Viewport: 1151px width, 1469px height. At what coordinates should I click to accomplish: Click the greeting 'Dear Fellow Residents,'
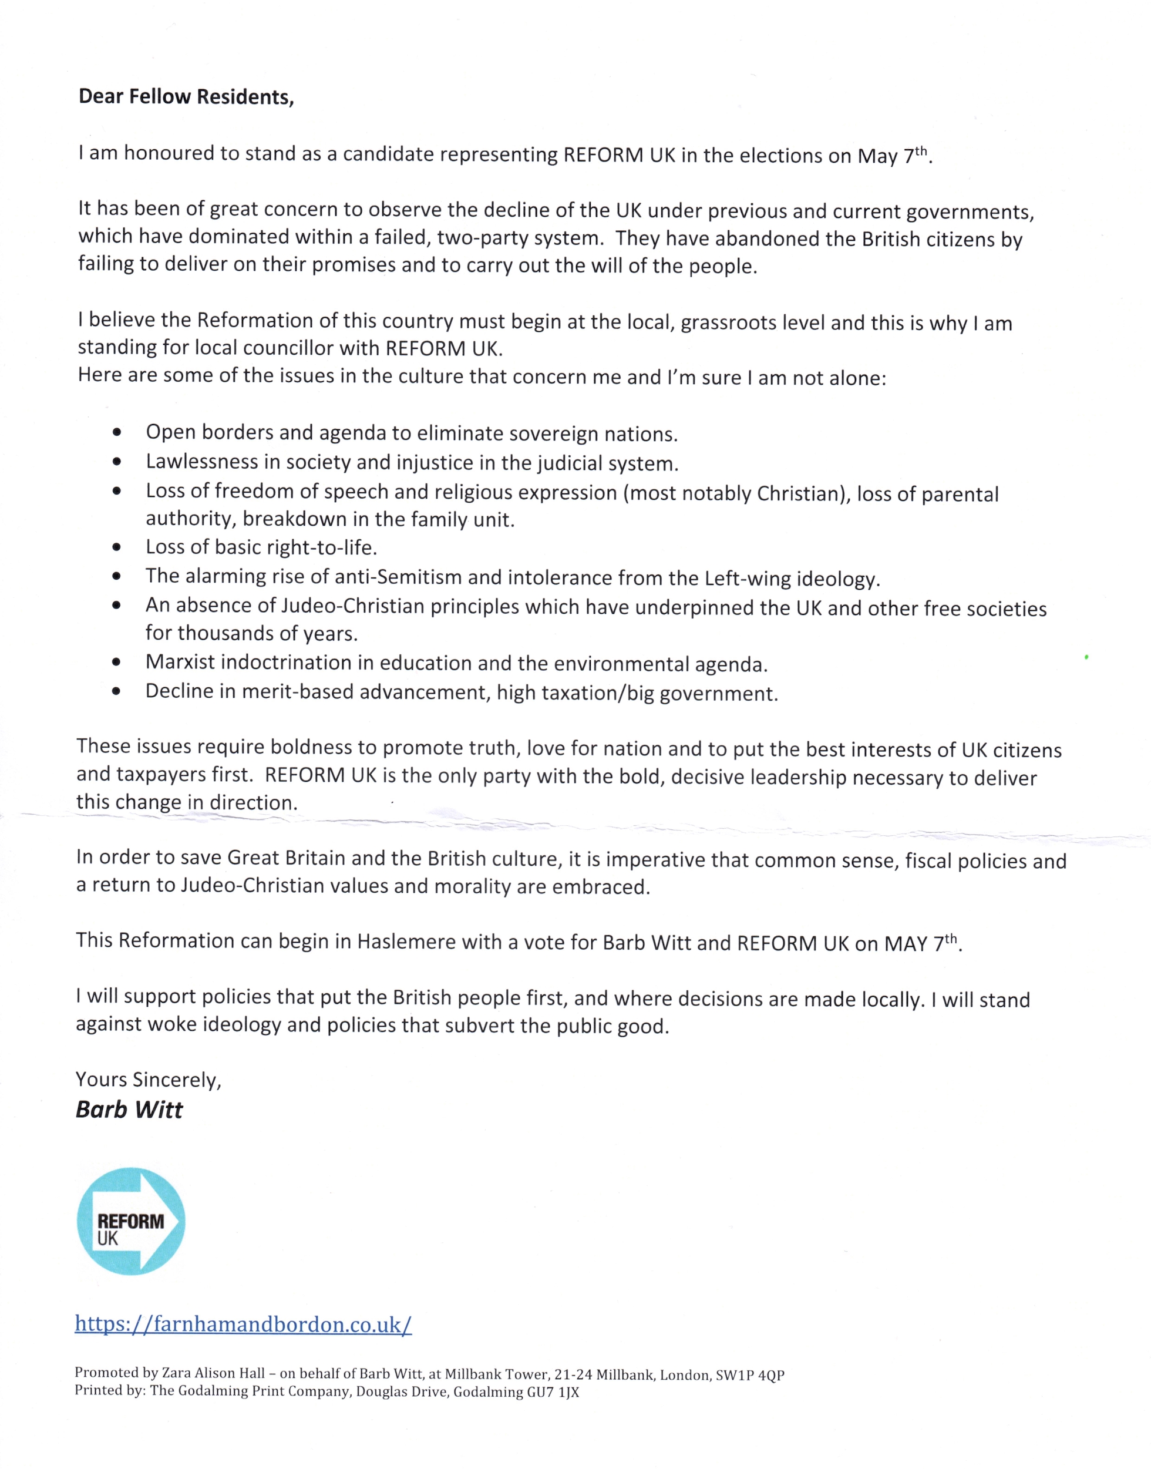point(186,97)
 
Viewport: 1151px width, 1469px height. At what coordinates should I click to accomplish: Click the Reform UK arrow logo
point(131,1221)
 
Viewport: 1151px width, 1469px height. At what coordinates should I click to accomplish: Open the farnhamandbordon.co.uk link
point(243,1324)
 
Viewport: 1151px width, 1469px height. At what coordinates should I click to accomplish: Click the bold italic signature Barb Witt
point(129,1110)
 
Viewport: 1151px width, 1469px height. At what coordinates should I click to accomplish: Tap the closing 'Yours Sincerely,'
point(148,1080)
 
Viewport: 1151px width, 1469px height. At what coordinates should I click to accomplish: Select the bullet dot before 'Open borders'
point(117,432)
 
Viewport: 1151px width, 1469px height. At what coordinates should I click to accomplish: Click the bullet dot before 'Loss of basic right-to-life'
point(117,547)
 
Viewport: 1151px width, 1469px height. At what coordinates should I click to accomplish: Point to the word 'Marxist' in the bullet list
point(180,663)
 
